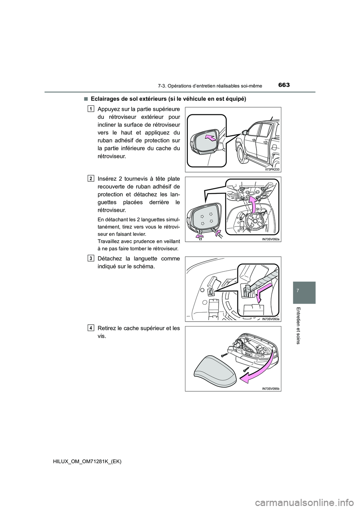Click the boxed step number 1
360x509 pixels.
coord(91,109)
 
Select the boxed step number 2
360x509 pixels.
coord(91,178)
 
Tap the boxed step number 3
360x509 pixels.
coord(91,258)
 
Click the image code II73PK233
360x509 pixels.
coord(270,169)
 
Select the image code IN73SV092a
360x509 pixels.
coord(270,239)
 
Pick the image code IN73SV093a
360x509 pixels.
coord(270,319)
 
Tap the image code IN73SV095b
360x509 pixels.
coord(270,388)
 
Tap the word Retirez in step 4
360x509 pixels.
coord(107,328)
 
